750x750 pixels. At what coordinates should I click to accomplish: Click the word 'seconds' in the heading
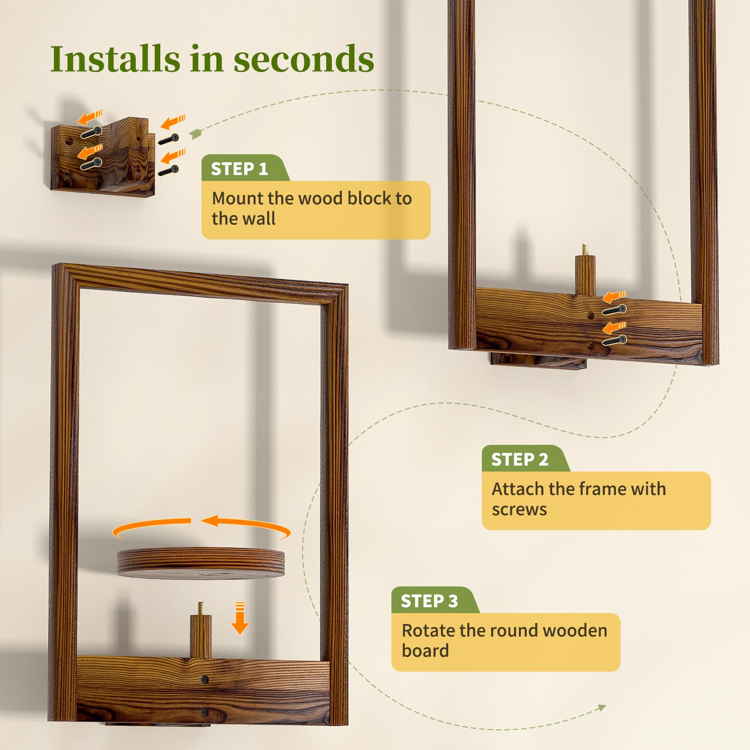coord(304,59)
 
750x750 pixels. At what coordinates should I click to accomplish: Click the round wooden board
coord(201,562)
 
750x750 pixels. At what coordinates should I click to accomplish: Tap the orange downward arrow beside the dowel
coord(240,618)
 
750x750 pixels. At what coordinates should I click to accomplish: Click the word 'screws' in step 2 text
coord(519,510)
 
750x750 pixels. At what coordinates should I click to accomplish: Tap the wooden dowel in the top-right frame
coord(585,270)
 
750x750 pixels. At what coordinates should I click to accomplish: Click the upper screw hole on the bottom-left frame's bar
coord(205,679)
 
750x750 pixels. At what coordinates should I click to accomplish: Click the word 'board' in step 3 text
coord(426,651)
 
